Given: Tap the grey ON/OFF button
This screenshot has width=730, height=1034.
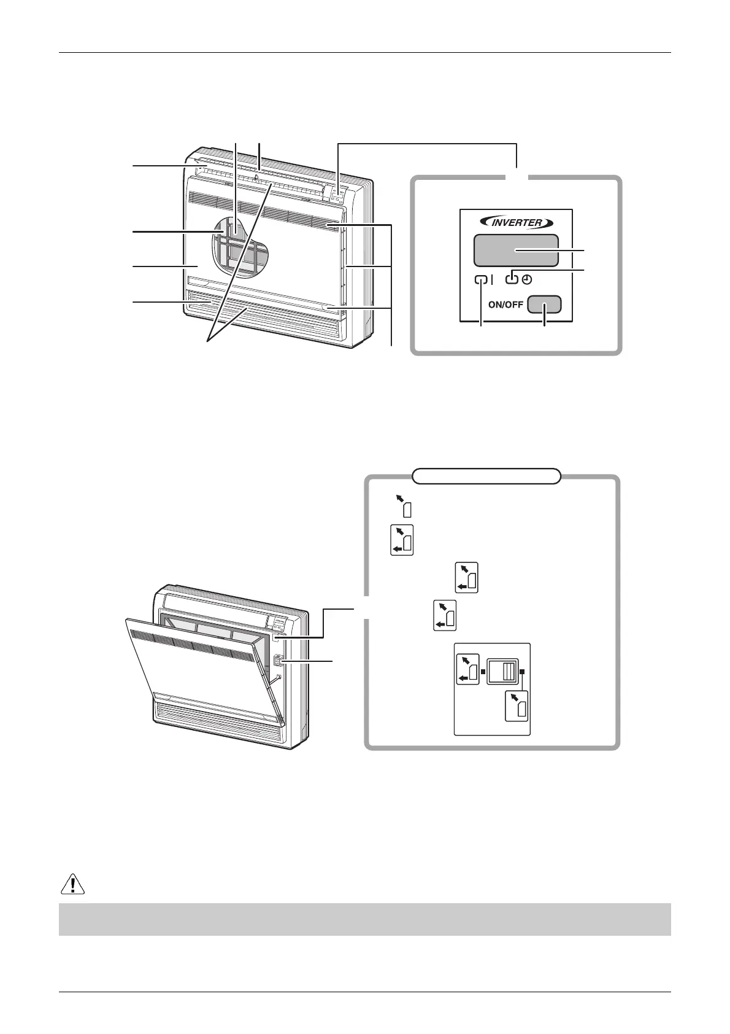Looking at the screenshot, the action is pyautogui.click(x=544, y=305).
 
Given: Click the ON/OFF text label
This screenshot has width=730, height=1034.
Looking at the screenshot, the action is pyautogui.click(x=505, y=305).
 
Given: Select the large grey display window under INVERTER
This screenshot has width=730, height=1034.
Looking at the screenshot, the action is pyautogui.click(x=515, y=250).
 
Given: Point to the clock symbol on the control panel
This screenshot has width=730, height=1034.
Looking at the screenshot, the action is pyautogui.click(x=527, y=280).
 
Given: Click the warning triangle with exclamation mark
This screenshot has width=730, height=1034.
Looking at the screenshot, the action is pyautogui.click(x=73, y=884).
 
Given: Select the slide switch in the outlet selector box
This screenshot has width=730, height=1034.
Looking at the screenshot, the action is pyautogui.click(x=503, y=671).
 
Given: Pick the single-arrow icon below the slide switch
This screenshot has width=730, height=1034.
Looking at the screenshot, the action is pyautogui.click(x=517, y=705).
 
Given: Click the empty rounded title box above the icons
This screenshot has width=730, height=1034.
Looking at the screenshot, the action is pyautogui.click(x=486, y=476).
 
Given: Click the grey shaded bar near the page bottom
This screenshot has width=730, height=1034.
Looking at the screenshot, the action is pyautogui.click(x=364, y=919).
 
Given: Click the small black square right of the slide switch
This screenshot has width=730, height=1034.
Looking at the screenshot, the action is pyautogui.click(x=523, y=672).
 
